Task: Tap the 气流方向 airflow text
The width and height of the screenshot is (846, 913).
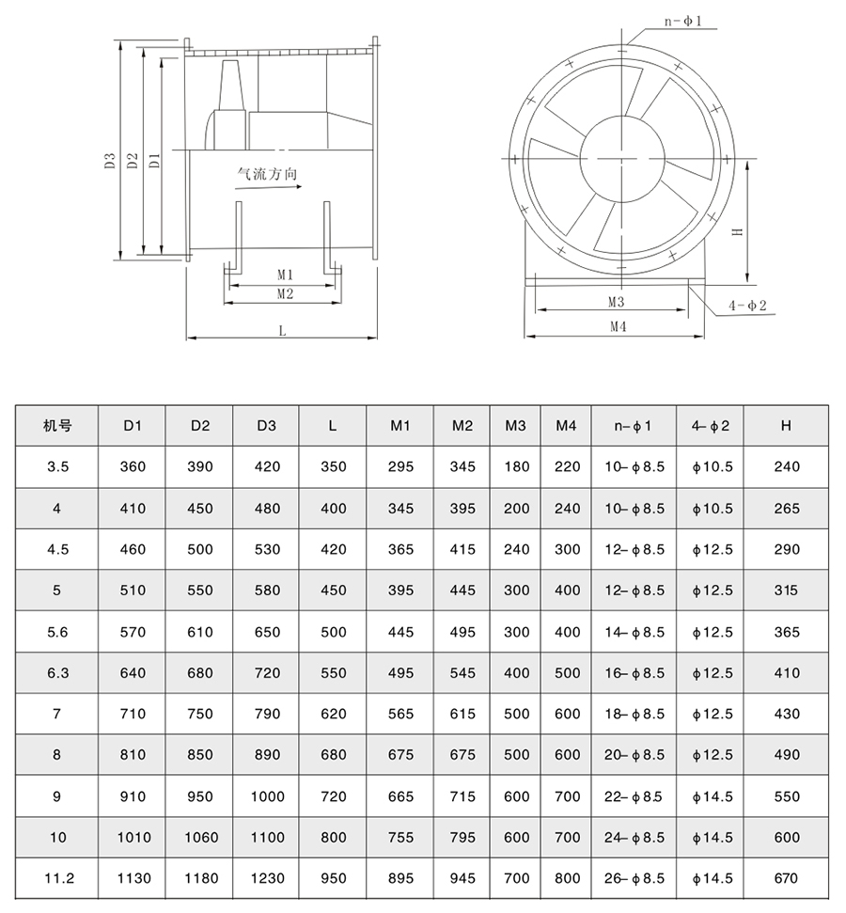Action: pyautogui.click(x=269, y=176)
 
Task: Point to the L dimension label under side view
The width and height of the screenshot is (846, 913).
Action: pyautogui.click(x=281, y=329)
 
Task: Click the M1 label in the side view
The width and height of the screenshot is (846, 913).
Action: pyautogui.click(x=286, y=275)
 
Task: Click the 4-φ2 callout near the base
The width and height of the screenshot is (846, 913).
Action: pyautogui.click(x=747, y=306)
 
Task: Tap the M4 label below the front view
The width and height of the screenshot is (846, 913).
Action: pyautogui.click(x=617, y=326)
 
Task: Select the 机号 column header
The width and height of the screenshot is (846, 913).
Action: pyautogui.click(x=57, y=426)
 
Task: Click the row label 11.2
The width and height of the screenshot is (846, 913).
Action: pyautogui.click(x=57, y=878)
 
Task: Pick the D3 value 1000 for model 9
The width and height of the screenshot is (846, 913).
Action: pyautogui.click(x=267, y=796)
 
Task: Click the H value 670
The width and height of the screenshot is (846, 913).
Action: pyautogui.click(x=787, y=878)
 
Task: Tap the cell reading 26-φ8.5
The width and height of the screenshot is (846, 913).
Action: pyautogui.click(x=634, y=878)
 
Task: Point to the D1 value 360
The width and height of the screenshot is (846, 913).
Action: pyautogui.click(x=133, y=466)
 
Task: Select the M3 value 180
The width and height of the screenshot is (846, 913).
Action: pyautogui.click(x=516, y=466)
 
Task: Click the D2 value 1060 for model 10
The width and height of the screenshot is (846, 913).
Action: pyautogui.click(x=199, y=838)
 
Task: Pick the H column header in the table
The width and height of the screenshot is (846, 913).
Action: pyautogui.click(x=787, y=426)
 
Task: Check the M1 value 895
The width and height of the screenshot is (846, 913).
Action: pyautogui.click(x=401, y=878)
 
